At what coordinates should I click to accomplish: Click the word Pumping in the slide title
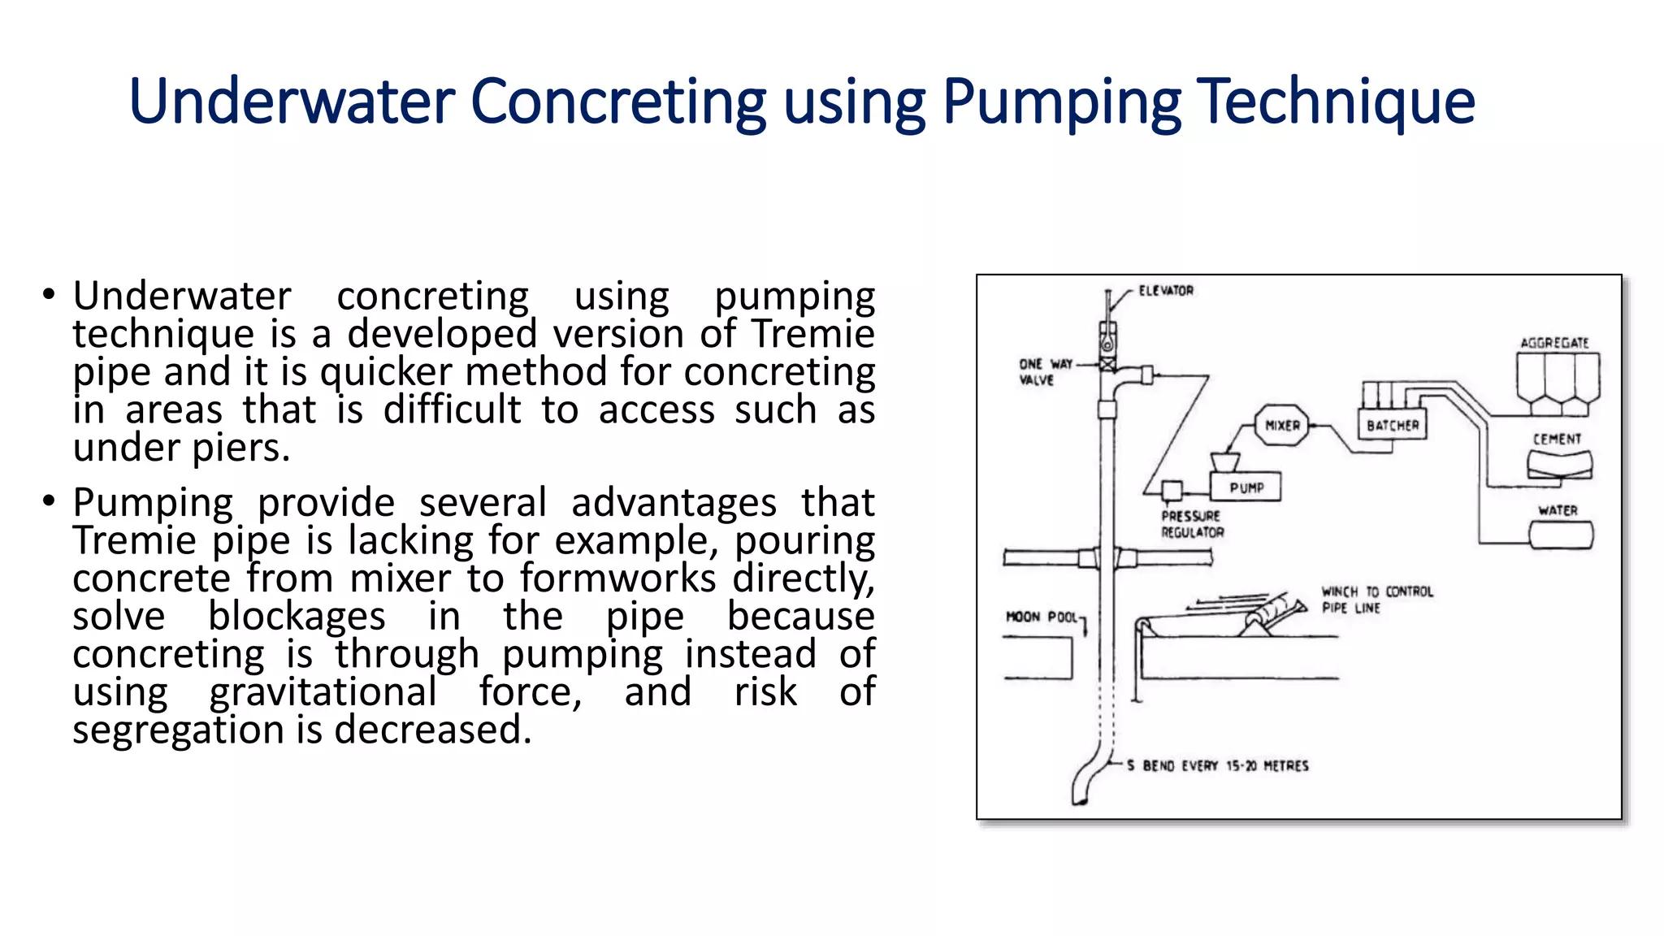[1061, 102]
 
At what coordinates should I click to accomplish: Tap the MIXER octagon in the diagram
[1282, 426]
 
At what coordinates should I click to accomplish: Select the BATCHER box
[1392, 425]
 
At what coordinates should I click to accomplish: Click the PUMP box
[1246, 487]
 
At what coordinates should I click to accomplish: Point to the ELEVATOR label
[1165, 291]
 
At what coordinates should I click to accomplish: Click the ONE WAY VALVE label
[1045, 372]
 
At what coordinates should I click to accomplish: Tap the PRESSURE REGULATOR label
[1192, 524]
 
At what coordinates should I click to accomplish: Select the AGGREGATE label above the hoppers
[1553, 343]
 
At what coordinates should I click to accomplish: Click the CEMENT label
[1557, 440]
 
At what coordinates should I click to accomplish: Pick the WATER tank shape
[1561, 536]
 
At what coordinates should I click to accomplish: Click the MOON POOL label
[1042, 617]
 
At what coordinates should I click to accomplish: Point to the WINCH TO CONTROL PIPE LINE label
[1376, 600]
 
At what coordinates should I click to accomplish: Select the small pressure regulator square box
[1171, 491]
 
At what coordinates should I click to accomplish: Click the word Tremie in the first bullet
[812, 335]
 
